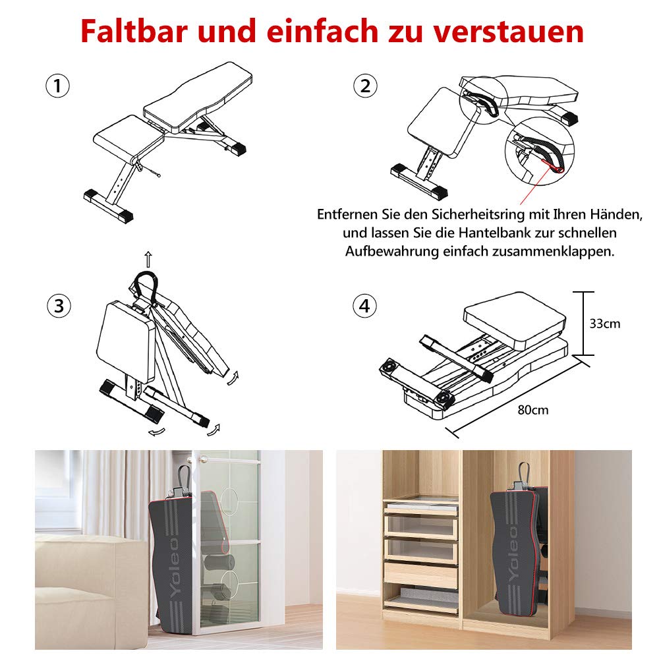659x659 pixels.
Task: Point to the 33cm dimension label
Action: [604, 324]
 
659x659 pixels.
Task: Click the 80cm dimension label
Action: [532, 410]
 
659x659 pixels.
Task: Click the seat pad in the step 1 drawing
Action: [129, 136]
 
